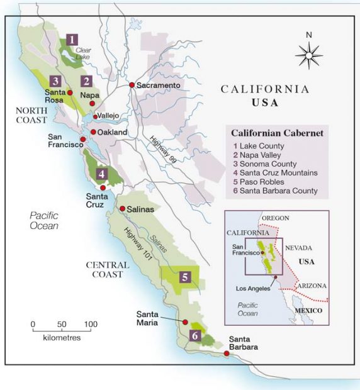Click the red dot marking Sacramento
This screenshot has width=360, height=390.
(132, 85)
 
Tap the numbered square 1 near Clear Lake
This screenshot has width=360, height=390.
(74, 38)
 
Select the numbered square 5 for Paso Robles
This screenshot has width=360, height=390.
(184, 276)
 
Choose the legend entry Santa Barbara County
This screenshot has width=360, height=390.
(274, 191)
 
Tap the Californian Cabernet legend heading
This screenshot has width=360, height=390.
(277, 133)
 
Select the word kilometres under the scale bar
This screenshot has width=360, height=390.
(62, 337)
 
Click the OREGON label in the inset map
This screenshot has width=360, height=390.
(275, 218)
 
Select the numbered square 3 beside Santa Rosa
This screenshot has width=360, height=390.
(56, 81)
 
